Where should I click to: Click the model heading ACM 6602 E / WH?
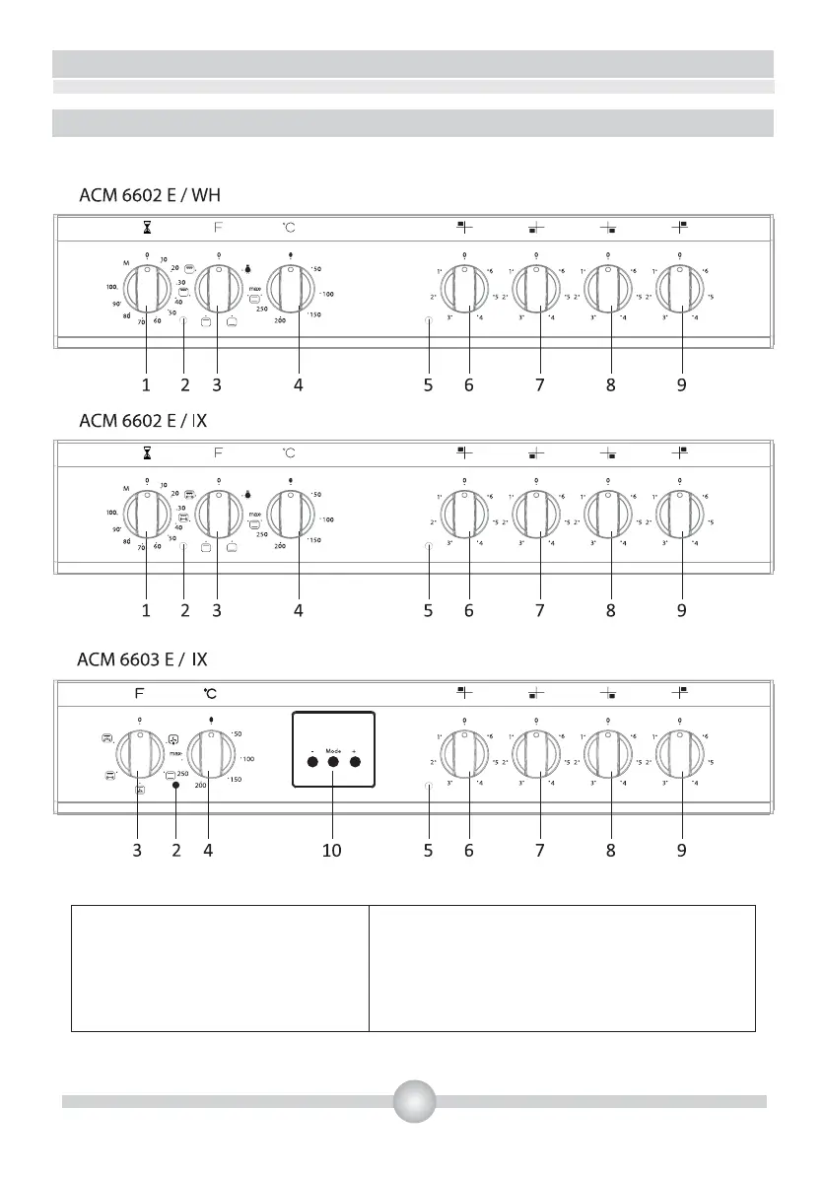pyautogui.click(x=157, y=193)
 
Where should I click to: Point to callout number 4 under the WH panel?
pyautogui.click(x=298, y=386)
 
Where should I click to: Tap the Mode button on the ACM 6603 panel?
pyautogui.click(x=333, y=762)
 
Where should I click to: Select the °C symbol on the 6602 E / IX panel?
pyautogui.click(x=289, y=452)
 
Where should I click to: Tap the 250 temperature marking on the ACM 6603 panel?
pyautogui.click(x=182, y=774)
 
